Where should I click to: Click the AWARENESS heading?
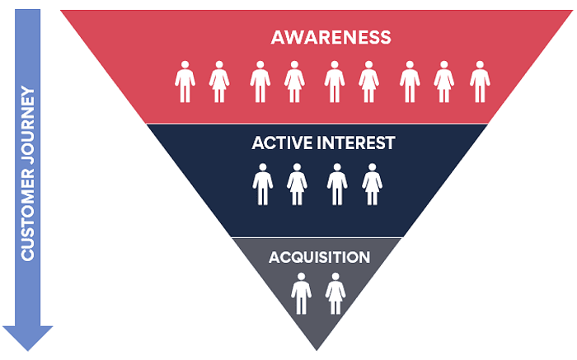tap(331, 37)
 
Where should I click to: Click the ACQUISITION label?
tap(319, 257)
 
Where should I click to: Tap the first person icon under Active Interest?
tap(263, 184)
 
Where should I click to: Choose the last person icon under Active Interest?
tap(373, 184)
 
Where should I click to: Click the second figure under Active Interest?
tap(297, 184)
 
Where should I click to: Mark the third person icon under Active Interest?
tap(336, 184)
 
